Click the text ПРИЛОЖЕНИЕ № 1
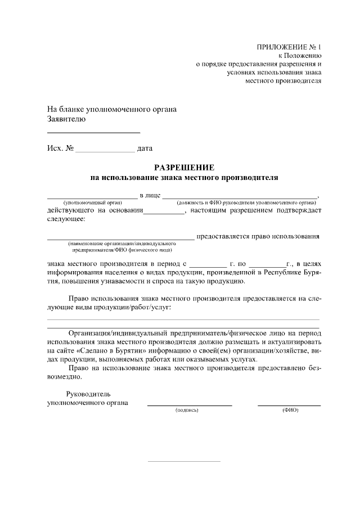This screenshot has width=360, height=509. point(289,47)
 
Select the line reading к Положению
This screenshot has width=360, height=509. point(300,56)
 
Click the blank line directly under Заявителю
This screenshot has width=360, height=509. point(93,132)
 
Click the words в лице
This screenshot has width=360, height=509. point(150,195)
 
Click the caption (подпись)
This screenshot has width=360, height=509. point(188,411)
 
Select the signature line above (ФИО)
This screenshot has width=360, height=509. point(289,405)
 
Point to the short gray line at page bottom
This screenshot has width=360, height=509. point(184,462)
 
